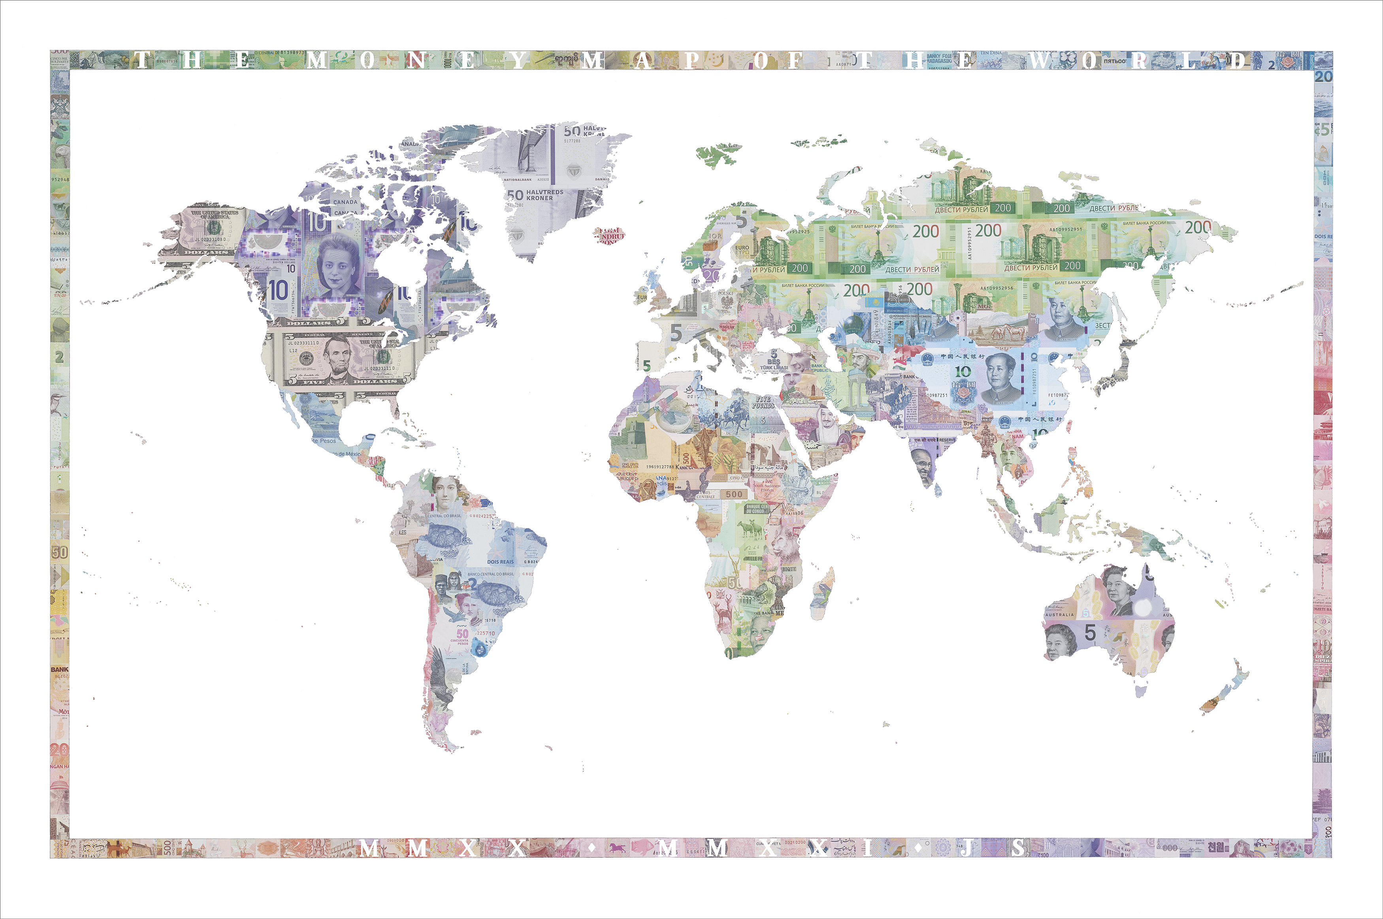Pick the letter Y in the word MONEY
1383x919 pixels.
518,60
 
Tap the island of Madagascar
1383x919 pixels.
823,592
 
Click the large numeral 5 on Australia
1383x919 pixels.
1089,633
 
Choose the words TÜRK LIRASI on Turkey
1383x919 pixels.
774,367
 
